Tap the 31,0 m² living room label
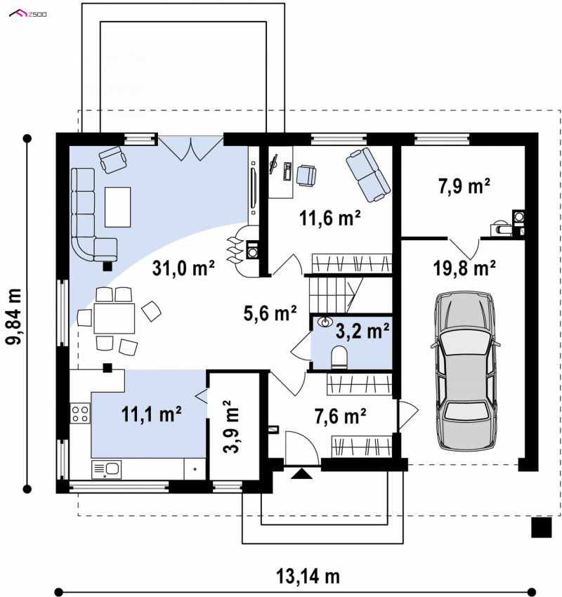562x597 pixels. pyautogui.click(x=183, y=268)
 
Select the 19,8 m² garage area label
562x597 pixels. pyautogui.click(x=464, y=268)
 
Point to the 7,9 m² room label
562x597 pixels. pyautogui.click(x=464, y=186)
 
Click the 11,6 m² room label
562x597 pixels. pyautogui.click(x=329, y=218)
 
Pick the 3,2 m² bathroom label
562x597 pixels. pyautogui.click(x=362, y=331)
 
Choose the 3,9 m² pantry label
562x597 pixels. pyautogui.click(x=231, y=426)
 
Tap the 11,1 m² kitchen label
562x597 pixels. pyautogui.click(x=151, y=414)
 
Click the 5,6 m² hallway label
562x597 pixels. pyautogui.click(x=270, y=313)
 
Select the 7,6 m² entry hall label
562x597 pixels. pyautogui.click(x=341, y=416)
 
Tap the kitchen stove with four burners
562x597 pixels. pyautogui.click(x=80, y=414)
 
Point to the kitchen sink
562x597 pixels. pyautogui.click(x=106, y=469)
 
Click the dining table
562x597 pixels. pyautogui.click(x=115, y=318)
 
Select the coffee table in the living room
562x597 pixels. pyautogui.click(x=118, y=206)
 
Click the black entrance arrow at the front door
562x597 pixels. pyautogui.click(x=301, y=473)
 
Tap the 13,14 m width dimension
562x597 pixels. pyautogui.click(x=308, y=577)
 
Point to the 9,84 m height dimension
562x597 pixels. pyautogui.click(x=14, y=317)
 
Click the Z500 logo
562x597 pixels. pyautogui.click(x=28, y=14)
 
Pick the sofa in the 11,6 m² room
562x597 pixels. pyautogui.click(x=368, y=175)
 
